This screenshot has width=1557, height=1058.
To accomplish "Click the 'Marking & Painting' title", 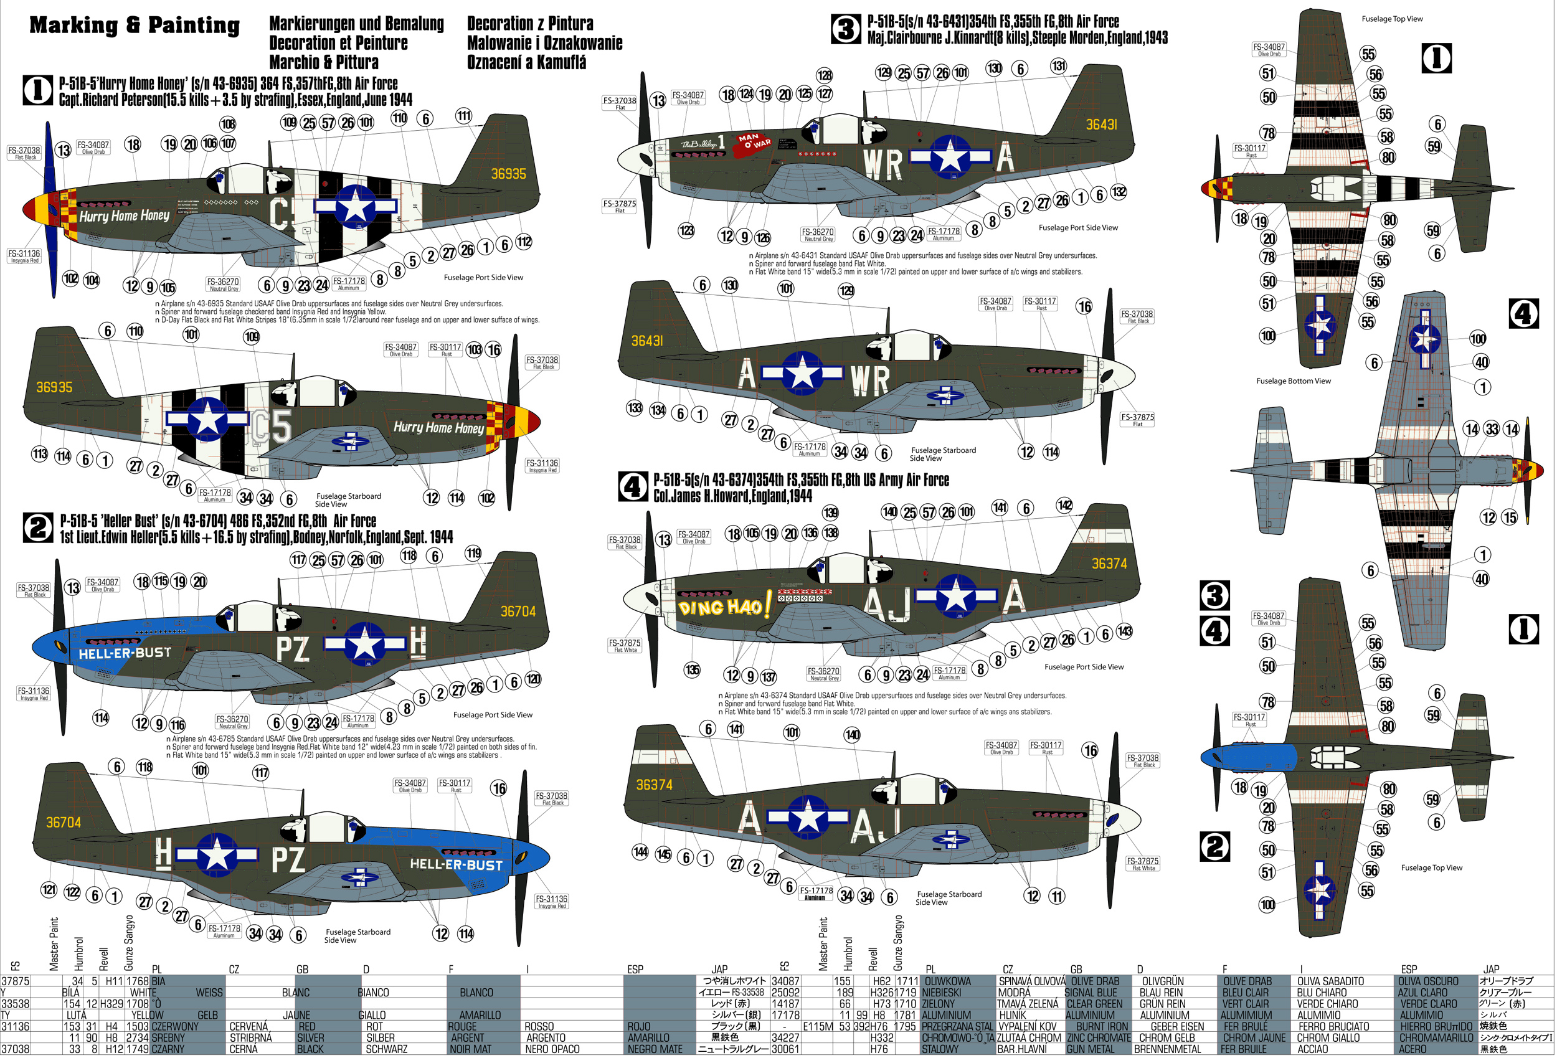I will [x=135, y=26].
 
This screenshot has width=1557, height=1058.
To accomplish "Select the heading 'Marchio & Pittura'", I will [x=324, y=62].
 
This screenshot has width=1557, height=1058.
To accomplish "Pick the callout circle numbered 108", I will [x=228, y=124].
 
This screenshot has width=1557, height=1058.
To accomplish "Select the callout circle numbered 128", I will [x=824, y=75].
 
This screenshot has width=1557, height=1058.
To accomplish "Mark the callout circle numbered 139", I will [x=830, y=513].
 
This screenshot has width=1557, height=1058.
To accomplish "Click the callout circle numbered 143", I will [x=1124, y=631].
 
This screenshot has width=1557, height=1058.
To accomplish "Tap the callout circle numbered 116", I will [x=177, y=725].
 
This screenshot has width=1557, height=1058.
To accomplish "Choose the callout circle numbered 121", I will [x=49, y=890].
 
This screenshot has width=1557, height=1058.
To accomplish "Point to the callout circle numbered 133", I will [x=634, y=408].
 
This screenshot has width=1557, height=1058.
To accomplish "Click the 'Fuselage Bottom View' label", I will [x=1293, y=381].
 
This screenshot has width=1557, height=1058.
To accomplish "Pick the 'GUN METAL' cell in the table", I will [x=1089, y=1049].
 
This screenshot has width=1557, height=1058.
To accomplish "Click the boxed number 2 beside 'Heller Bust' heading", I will [x=37, y=527].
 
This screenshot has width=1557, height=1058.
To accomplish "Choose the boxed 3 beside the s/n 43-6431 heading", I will [x=846, y=29].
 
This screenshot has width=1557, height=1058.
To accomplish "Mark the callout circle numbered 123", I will [x=686, y=231].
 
